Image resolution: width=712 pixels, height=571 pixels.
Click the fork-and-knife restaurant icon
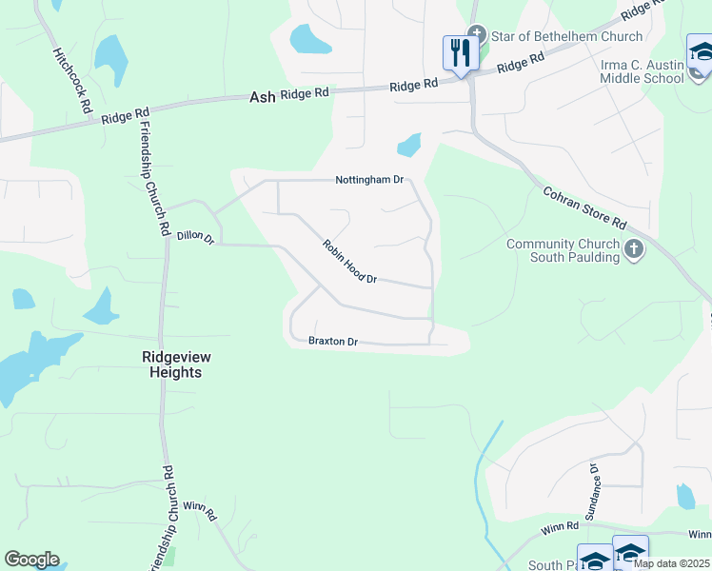click(x=461, y=53)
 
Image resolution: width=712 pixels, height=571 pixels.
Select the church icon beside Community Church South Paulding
click(x=634, y=250)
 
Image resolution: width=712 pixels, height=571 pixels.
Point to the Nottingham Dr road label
click(x=369, y=180)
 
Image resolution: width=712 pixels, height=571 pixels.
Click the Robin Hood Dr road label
click(x=349, y=261)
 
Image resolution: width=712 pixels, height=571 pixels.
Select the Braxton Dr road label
click(x=332, y=341)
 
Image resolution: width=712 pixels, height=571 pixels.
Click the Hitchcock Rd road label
click(x=70, y=82)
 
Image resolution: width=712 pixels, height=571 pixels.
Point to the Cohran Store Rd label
click(x=584, y=207)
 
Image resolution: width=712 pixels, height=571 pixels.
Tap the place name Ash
click(x=262, y=97)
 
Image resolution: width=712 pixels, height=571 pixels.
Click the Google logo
click(x=31, y=560)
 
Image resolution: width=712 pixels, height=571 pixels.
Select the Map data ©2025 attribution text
click(x=671, y=563)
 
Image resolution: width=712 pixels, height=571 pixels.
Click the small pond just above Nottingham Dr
click(x=409, y=145)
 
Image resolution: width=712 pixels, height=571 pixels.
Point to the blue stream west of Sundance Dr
click(x=484, y=495)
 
